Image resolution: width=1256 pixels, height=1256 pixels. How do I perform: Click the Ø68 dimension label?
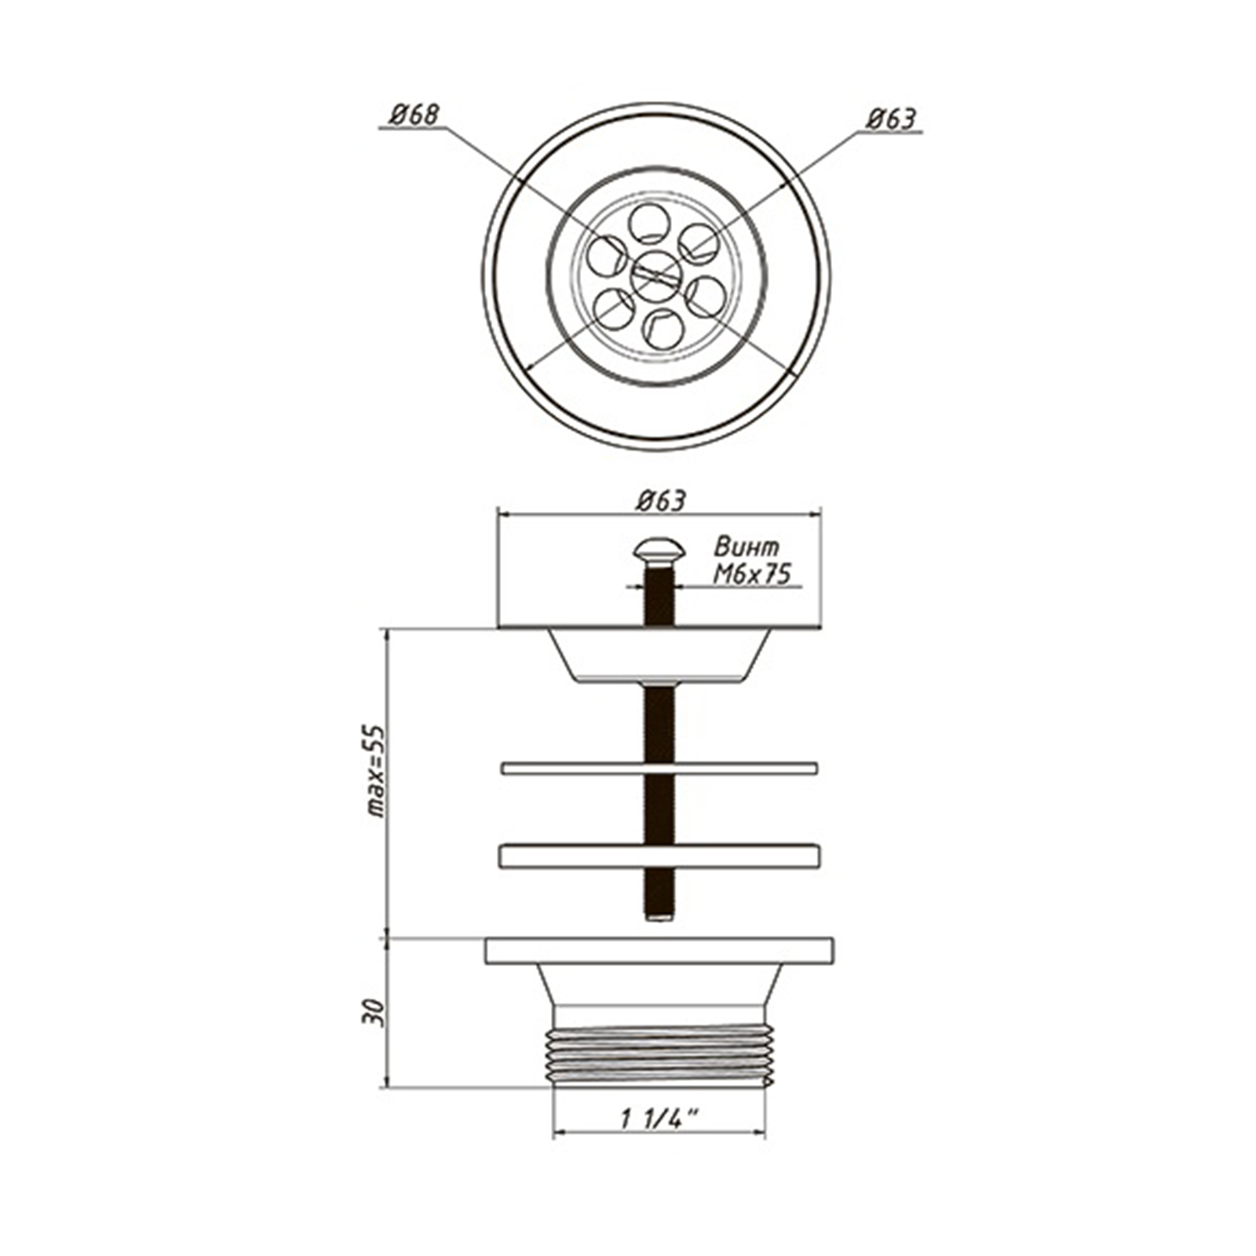414,115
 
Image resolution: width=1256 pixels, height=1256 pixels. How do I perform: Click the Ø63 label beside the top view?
891,119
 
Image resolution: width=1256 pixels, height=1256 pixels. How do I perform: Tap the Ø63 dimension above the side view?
661,501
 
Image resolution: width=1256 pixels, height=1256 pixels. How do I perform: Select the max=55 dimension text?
378,770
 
